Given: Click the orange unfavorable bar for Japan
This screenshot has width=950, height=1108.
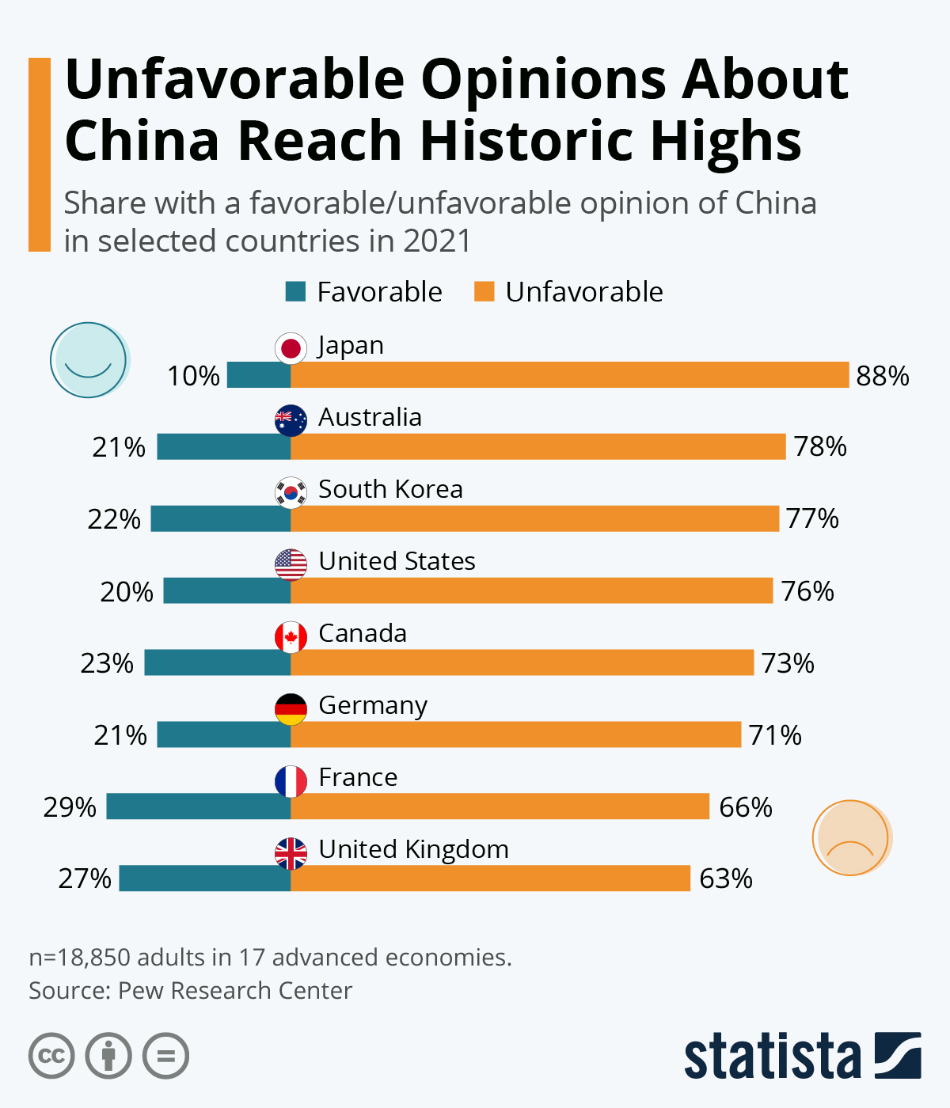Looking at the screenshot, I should click(570, 374).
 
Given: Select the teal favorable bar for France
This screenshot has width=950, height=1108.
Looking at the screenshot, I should click(198, 806).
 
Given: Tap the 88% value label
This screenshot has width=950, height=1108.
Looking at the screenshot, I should click(883, 375).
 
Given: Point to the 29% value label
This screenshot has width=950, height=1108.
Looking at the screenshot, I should click(70, 807).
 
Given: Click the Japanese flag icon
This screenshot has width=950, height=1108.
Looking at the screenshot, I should click(291, 348).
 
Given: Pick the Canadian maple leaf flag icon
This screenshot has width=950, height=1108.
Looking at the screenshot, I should click(291, 637).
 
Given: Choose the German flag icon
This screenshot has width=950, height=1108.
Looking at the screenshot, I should click(291, 709).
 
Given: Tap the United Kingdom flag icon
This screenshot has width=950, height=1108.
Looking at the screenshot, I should click(291, 853).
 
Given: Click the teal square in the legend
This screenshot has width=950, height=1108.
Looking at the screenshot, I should click(295, 292).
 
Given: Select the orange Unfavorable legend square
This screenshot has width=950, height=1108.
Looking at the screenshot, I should click(484, 292).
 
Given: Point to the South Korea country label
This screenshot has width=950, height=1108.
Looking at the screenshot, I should click(390, 489).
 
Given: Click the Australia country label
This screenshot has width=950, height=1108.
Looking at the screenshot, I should click(370, 417).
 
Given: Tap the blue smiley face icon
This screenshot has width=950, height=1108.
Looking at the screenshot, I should click(88, 359).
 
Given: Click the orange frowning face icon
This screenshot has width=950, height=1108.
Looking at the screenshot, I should click(851, 838).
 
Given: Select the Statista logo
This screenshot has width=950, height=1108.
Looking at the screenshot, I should click(802, 1056).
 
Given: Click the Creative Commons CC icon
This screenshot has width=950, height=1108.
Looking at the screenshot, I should click(51, 1056).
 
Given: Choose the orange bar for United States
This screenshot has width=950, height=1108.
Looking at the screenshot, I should click(531, 590).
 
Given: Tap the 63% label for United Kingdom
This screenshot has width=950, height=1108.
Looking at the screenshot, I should click(726, 878).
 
